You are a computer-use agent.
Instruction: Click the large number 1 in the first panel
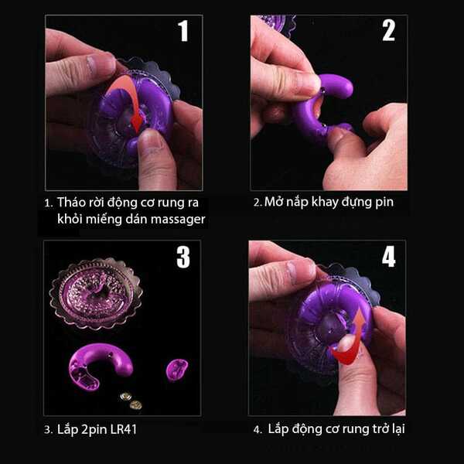tap(183, 31)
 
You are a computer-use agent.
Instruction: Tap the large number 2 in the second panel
tap(388, 30)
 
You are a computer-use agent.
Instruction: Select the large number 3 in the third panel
tap(183, 257)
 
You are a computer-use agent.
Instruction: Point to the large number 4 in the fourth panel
tap(388, 257)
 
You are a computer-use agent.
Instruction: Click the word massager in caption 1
tap(178, 220)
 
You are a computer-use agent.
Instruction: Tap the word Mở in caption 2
tap(272, 202)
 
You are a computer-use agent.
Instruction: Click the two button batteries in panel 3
tap(131, 401)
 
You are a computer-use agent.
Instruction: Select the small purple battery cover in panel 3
tap(176, 369)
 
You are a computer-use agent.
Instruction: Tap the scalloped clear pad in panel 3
tap(96, 294)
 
